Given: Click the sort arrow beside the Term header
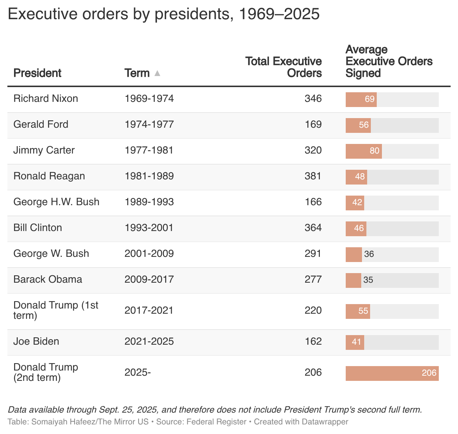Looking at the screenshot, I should click(x=157, y=73).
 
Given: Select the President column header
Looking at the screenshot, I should click(x=37, y=73).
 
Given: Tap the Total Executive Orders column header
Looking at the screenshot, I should click(x=283, y=67).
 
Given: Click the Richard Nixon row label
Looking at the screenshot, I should click(x=46, y=99).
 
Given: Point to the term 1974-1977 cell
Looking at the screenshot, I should click(x=149, y=124).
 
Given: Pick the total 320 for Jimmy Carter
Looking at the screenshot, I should click(x=313, y=150).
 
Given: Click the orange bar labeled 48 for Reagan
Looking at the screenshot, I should click(x=356, y=177).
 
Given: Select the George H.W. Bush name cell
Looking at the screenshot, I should click(x=57, y=202).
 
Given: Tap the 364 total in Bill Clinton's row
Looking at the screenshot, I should click(x=313, y=228).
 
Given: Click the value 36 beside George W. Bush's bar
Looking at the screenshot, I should click(x=369, y=254).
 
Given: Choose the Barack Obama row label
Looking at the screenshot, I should click(x=48, y=279).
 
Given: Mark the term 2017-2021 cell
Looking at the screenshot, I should click(x=149, y=310).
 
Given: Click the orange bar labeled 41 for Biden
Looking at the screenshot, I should click(x=355, y=342).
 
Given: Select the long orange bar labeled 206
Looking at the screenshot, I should click(x=392, y=373).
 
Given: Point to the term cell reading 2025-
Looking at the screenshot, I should click(x=138, y=372).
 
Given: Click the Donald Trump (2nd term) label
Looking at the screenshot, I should click(x=46, y=372).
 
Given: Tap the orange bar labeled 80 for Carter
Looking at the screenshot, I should click(x=363, y=151).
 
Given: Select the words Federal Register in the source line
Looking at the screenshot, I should click(x=216, y=422).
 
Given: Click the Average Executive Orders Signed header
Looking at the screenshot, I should click(x=389, y=61).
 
